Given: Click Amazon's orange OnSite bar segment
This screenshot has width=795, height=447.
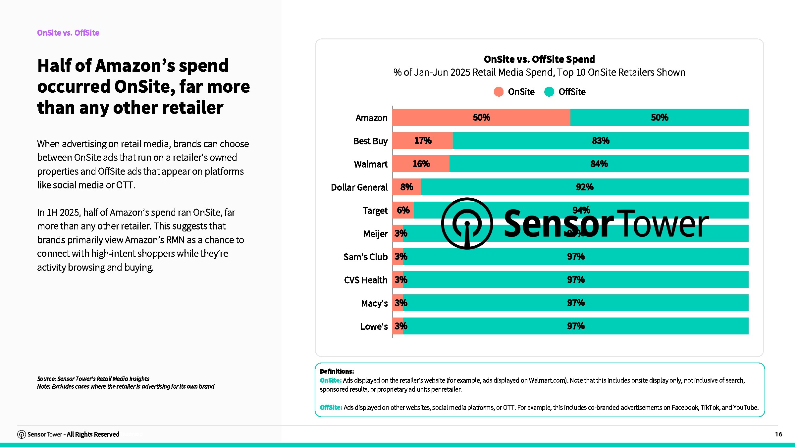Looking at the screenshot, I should click(481, 118).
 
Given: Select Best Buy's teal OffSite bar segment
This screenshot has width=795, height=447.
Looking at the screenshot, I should click(600, 141).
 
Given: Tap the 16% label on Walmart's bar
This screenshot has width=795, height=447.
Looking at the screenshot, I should click(421, 164).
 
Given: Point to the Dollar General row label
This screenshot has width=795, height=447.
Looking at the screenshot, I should click(359, 187).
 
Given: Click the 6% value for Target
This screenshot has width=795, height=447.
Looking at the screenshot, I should click(403, 210).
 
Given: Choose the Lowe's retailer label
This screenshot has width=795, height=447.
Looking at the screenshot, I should click(374, 326).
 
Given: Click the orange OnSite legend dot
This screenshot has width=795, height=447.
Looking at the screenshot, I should click(499, 92).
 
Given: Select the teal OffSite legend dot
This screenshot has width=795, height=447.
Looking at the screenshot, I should click(549, 92).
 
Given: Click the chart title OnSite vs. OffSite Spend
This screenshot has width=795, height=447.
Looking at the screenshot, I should click(539, 59).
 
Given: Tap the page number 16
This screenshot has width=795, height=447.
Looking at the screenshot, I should click(778, 434).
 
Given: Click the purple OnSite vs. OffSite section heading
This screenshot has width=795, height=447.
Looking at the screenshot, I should click(68, 33).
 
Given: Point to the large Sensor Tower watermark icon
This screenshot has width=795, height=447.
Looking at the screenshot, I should click(467, 224).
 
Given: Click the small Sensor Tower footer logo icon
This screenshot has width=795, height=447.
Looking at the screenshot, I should click(22, 434).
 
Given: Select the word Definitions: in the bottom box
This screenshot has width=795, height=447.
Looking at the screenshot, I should click(337, 372).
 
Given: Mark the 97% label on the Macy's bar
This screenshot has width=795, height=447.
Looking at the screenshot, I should click(576, 303).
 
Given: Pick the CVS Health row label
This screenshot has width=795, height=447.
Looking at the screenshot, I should click(366, 280).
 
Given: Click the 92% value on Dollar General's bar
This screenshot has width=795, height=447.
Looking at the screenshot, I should click(585, 187).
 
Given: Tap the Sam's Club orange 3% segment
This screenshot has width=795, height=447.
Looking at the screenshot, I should click(398, 257).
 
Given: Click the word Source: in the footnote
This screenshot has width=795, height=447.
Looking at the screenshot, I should click(46, 379).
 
